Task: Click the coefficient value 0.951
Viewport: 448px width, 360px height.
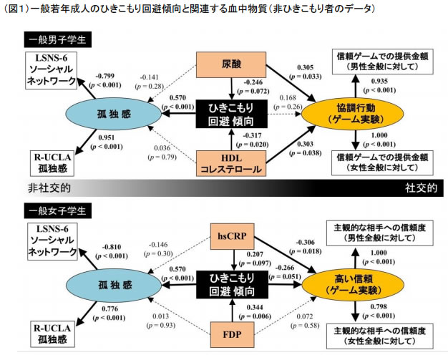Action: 106,137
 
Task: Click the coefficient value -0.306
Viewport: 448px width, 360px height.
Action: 306,243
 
